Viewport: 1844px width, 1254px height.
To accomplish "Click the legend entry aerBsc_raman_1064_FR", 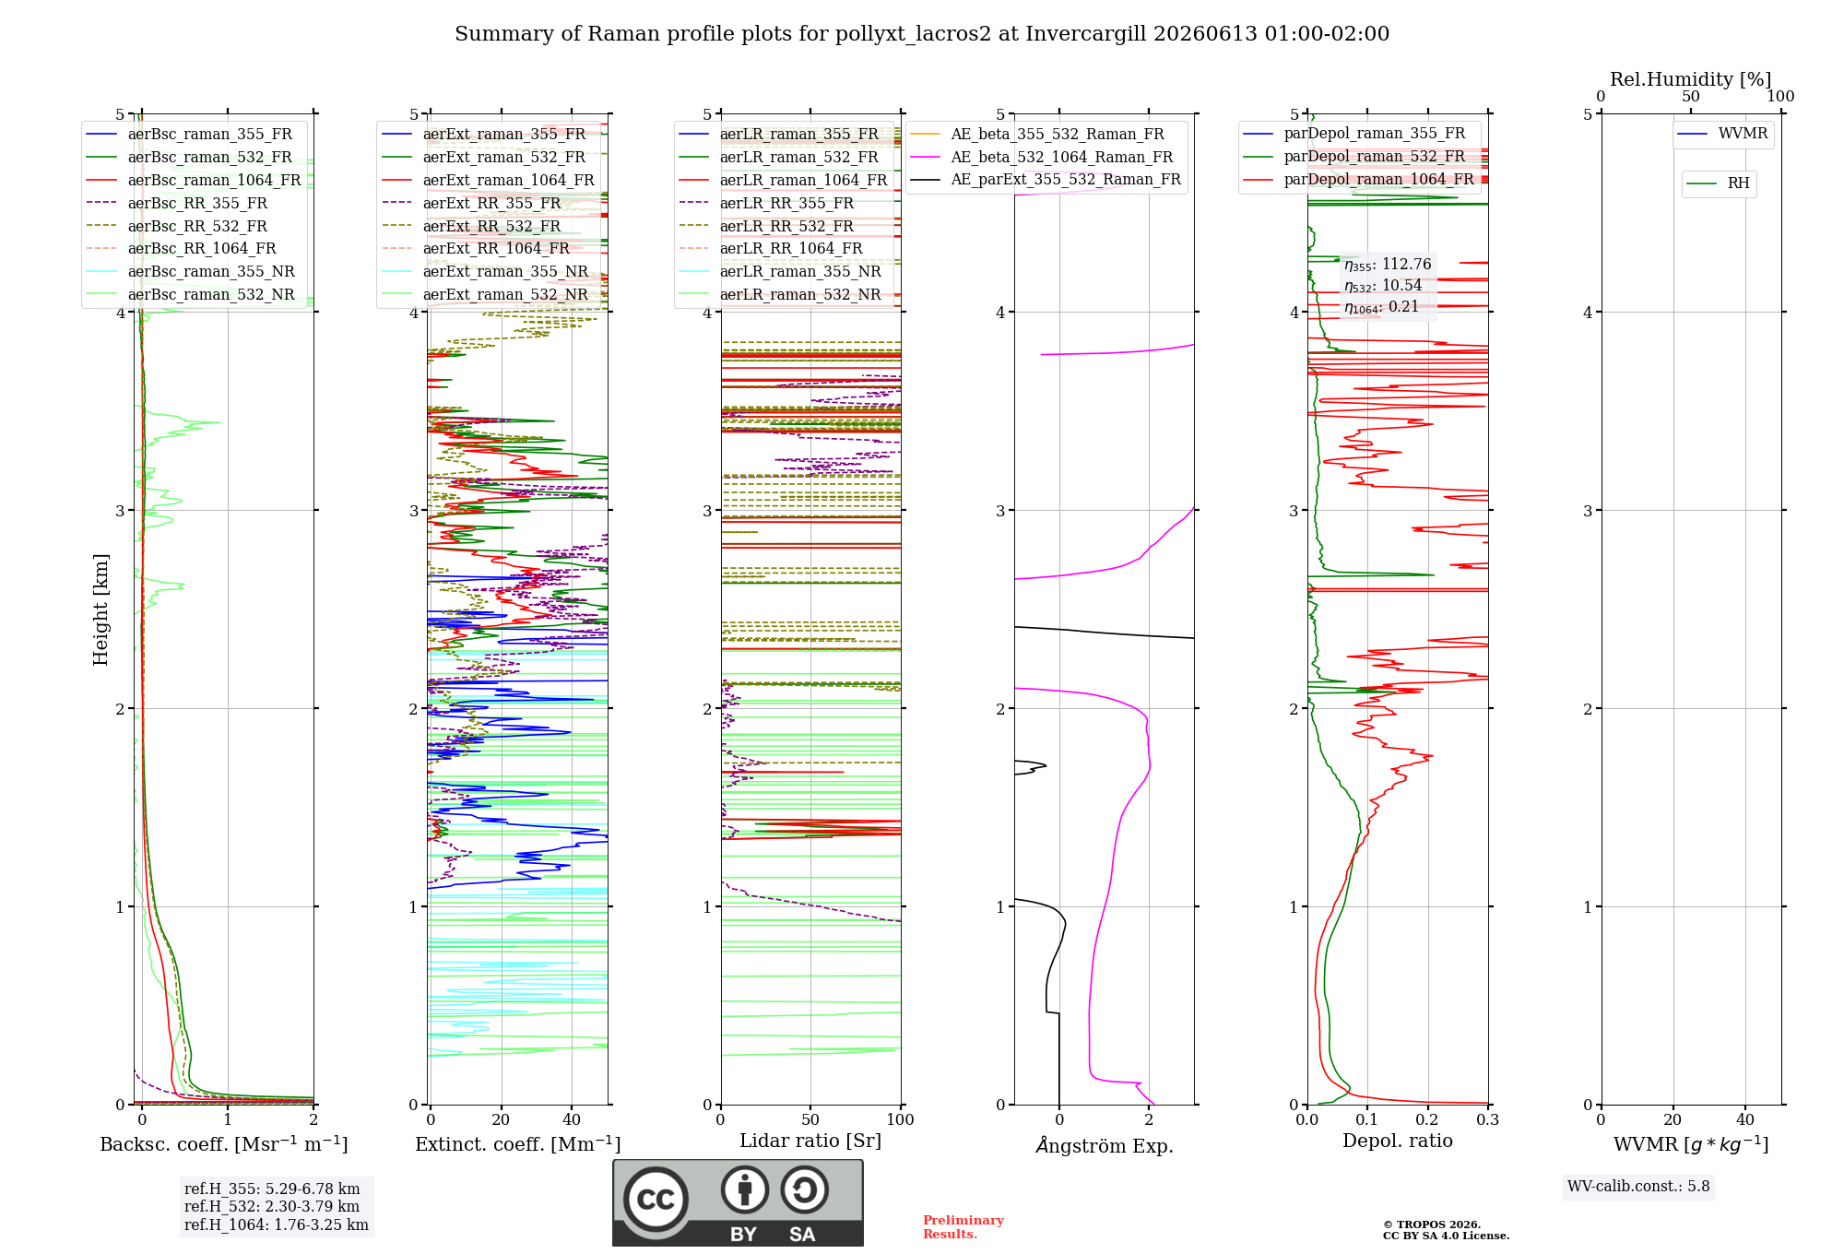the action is point(194,180).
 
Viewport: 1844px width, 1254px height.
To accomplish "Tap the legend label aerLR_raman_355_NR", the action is point(780,271).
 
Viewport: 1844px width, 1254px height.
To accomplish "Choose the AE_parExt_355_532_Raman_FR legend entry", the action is point(1046,179).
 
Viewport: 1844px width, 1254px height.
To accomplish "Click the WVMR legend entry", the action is point(1723,134).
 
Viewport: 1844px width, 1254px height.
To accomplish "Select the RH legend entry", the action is point(1719,183).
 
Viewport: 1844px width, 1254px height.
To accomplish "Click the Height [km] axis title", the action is point(100,609).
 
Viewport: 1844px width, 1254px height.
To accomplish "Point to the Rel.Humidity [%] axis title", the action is point(1691,79).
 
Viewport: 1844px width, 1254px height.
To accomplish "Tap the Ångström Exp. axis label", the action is point(1105,1145).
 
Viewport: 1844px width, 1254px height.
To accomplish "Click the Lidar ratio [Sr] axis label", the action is point(810,1141).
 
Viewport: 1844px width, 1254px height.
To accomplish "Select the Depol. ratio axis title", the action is point(1398,1141).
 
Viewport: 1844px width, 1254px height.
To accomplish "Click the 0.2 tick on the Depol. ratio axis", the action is point(1427,1119).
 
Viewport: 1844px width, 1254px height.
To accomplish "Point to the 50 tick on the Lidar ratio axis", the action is point(810,1119).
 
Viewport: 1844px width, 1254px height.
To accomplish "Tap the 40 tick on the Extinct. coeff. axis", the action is point(572,1119).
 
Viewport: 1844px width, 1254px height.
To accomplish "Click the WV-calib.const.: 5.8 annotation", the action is point(1638,1187).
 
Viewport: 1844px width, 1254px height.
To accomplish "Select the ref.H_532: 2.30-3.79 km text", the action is point(272,1206).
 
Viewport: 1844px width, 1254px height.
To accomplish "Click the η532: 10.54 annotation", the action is point(1383,286).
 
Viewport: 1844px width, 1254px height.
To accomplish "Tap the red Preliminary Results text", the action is point(963,1227).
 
